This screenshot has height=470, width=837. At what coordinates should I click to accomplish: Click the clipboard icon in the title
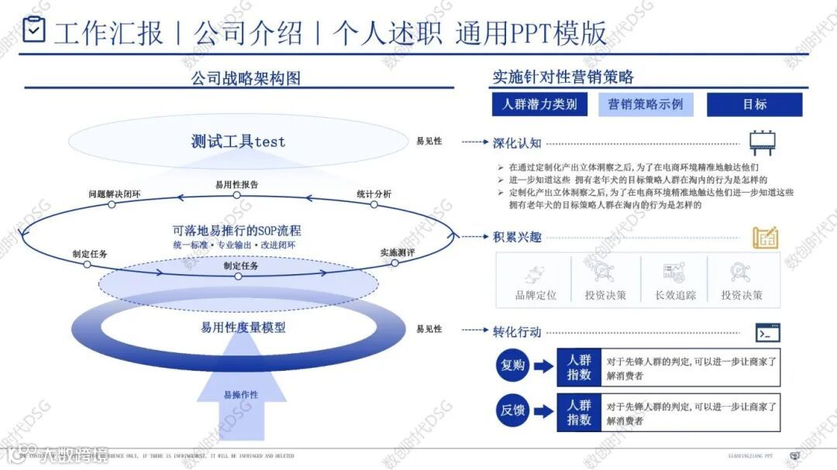pos(34,29)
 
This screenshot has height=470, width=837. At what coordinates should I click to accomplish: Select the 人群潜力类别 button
pos(539,105)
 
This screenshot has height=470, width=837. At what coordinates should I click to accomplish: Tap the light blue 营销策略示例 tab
pos(646,105)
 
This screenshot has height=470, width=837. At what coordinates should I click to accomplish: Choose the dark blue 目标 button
pos(754,105)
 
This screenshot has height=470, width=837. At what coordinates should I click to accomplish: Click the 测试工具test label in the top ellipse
pos(238,142)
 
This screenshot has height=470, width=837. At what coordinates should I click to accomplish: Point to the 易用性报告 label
pos(236,184)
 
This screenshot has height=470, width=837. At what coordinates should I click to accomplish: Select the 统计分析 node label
pos(374,194)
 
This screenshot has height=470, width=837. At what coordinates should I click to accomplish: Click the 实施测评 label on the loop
pos(398,252)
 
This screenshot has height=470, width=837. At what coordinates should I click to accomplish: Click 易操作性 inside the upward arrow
pos(241,395)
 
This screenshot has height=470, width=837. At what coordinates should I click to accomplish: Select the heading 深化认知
pos(517,142)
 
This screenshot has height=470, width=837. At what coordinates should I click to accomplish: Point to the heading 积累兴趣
pos(517,237)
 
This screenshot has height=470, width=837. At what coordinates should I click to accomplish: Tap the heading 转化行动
pos(517,331)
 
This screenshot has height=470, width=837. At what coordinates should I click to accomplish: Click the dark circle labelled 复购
pos(512,366)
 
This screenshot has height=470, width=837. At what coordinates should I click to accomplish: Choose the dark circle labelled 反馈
pos(512,411)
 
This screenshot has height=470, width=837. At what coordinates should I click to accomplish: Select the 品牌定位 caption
pos(536,295)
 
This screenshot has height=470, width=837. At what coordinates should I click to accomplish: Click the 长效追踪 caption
pos(675,295)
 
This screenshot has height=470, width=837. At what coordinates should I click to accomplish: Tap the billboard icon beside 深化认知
pos(763,143)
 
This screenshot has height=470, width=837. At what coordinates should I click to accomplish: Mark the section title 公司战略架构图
pos(245,77)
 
